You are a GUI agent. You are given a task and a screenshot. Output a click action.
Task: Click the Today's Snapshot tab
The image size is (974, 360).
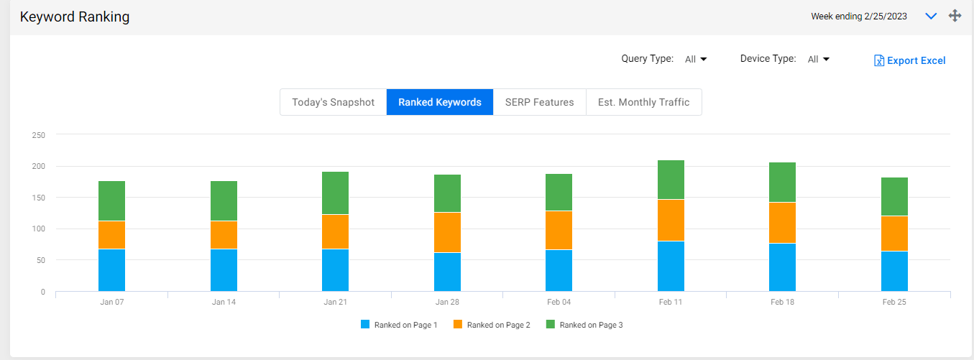click(333, 102)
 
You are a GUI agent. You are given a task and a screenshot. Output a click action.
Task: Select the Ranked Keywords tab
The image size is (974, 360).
click(440, 102)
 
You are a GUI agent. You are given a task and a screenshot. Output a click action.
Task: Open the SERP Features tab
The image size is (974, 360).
click(540, 102)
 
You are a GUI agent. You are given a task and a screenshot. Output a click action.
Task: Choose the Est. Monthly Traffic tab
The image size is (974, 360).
click(643, 102)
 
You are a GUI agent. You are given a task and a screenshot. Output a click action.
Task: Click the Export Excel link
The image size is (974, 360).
click(909, 60)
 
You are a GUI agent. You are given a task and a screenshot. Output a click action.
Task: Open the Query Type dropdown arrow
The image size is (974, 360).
click(704, 59)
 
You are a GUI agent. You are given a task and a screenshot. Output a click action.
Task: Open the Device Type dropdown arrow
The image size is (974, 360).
click(826, 59)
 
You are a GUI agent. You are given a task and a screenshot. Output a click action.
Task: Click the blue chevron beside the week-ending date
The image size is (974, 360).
click(931, 17)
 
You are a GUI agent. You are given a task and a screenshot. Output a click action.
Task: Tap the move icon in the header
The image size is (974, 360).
click(955, 16)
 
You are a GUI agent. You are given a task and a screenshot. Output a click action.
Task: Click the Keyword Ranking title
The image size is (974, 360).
click(75, 17)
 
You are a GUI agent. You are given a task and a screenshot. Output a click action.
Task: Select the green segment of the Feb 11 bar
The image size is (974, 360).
click(671, 180)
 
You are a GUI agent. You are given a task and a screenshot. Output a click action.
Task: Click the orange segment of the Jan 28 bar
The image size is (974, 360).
click(447, 232)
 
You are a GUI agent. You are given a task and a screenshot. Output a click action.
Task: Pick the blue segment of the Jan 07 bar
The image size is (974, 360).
click(111, 270)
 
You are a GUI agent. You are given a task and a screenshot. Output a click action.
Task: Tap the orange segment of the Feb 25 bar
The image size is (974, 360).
click(894, 234)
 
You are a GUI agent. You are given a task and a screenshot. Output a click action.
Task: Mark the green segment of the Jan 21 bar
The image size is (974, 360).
click(335, 193)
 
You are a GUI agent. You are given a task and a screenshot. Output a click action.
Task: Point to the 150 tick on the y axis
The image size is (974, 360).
click(38, 198)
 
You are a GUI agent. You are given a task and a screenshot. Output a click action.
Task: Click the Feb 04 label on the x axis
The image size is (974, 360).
click(559, 302)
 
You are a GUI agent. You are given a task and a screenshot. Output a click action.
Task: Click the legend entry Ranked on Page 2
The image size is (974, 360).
click(492, 325)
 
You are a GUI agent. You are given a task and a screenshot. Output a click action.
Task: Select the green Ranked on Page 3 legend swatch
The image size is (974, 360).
click(551, 324)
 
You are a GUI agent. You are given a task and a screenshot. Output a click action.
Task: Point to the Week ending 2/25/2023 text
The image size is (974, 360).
click(859, 17)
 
